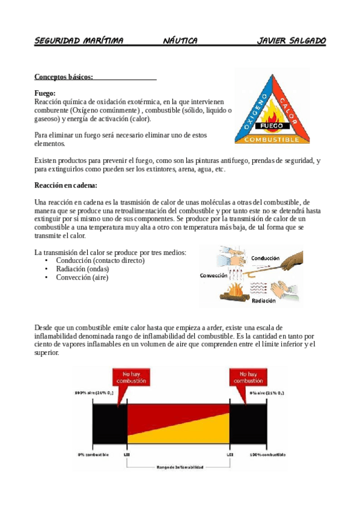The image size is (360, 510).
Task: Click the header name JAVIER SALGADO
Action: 291,41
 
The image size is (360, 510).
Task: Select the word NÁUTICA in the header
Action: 180,41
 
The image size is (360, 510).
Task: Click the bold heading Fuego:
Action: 45,93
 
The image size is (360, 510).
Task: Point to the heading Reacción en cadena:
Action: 66,185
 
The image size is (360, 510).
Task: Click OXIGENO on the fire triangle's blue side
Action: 252,108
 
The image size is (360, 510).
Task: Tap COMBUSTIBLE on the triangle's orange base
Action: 272,140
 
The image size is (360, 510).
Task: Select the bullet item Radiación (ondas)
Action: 82,269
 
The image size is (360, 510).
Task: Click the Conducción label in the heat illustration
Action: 265,258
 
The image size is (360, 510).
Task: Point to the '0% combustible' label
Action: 93,454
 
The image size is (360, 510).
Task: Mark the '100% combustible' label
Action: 267,454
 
